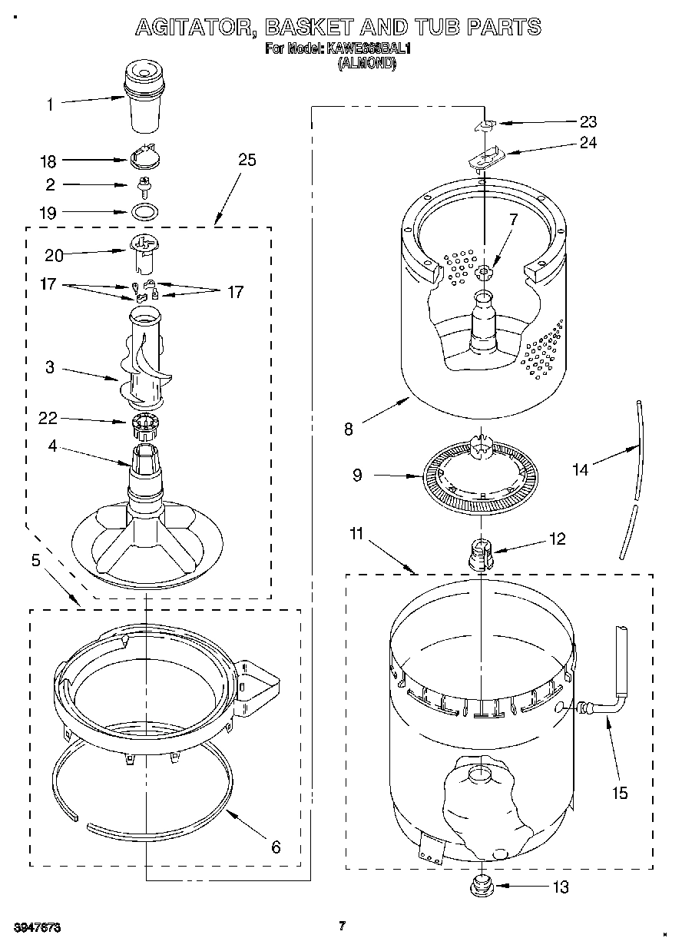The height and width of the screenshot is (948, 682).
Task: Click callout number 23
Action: click(x=588, y=121)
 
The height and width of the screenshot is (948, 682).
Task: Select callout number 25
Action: click(x=247, y=160)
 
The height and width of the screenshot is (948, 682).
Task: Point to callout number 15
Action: click(x=619, y=793)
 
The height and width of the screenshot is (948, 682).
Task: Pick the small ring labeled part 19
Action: click(x=146, y=211)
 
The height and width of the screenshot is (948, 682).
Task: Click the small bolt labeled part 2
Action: click(x=143, y=184)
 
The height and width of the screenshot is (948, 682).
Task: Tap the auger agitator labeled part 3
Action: click(x=145, y=361)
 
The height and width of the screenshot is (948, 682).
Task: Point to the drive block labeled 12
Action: click(x=481, y=554)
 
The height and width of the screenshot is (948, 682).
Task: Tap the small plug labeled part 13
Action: click(x=481, y=886)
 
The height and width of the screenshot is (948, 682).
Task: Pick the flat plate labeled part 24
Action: click(x=485, y=158)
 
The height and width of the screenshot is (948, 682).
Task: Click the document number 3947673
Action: click(x=36, y=927)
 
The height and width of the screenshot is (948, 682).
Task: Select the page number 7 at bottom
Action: click(x=343, y=926)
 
